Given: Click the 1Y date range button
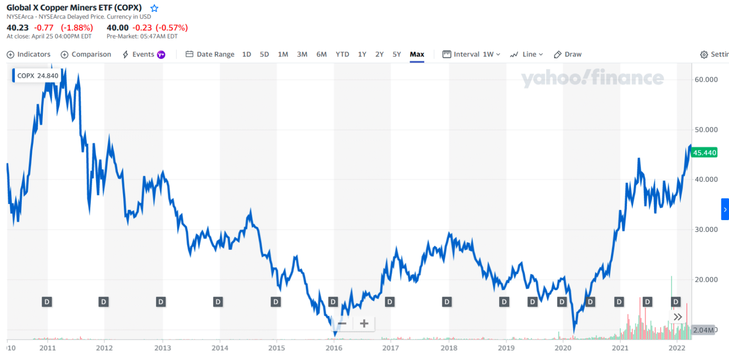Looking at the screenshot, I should click(x=362, y=54).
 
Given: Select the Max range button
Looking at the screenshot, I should click(x=417, y=54).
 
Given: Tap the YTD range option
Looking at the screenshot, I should click(x=342, y=54).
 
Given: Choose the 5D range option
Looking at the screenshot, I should click(x=264, y=54).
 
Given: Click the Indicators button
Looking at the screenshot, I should click(x=28, y=54).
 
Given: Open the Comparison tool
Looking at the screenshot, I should click(x=86, y=54).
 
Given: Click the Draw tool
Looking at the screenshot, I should click(x=568, y=54).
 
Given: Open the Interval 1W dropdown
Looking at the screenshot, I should click(x=471, y=54).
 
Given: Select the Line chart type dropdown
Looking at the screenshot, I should click(x=526, y=54).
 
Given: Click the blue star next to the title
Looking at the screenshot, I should click(x=154, y=8).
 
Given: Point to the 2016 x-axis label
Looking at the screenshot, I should click(x=334, y=348).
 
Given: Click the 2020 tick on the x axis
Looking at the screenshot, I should click(x=562, y=348).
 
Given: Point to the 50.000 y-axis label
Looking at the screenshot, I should click(x=704, y=129).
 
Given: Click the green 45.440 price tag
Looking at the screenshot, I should click(x=704, y=153).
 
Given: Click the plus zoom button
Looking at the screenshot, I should click(x=364, y=324).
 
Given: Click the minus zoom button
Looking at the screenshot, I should click(x=342, y=324).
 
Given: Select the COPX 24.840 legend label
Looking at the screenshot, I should click(x=37, y=75).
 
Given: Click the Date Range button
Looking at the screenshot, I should click(x=210, y=54).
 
